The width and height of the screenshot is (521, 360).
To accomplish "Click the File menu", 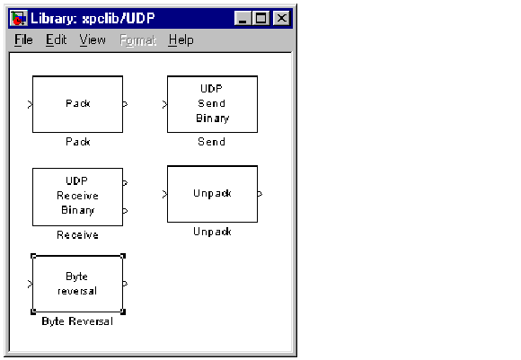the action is [x=23, y=40].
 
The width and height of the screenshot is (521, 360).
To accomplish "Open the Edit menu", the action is [x=57, y=40].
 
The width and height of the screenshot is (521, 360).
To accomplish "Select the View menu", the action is [x=93, y=40].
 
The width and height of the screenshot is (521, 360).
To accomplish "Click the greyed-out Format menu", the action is [x=138, y=40].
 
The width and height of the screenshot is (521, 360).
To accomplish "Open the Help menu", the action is [x=181, y=40].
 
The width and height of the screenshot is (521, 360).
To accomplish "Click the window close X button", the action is [x=281, y=18].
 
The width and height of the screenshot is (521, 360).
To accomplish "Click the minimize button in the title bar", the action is [x=243, y=18].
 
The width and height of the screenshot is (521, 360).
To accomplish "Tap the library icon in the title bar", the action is [x=19, y=18].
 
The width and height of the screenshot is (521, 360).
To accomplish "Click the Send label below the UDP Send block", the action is [x=212, y=142].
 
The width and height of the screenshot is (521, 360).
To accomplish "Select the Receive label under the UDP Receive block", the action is [x=78, y=235].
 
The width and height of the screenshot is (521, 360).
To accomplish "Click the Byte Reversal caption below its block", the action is [x=77, y=321].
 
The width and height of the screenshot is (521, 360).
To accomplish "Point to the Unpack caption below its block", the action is [x=212, y=232].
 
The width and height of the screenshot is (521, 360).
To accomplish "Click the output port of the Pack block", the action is [x=125, y=104].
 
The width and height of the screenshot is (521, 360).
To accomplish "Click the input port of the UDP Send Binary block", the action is [x=164, y=105].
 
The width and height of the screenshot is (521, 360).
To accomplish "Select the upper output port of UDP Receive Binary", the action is [x=125, y=182].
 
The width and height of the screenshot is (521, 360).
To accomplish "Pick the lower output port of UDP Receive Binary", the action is [x=125, y=211].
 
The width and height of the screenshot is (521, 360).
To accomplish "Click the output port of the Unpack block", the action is [x=260, y=194].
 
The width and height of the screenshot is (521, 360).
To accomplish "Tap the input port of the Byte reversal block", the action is [x=31, y=284].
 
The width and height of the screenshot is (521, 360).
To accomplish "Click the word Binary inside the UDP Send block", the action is [x=213, y=119].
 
